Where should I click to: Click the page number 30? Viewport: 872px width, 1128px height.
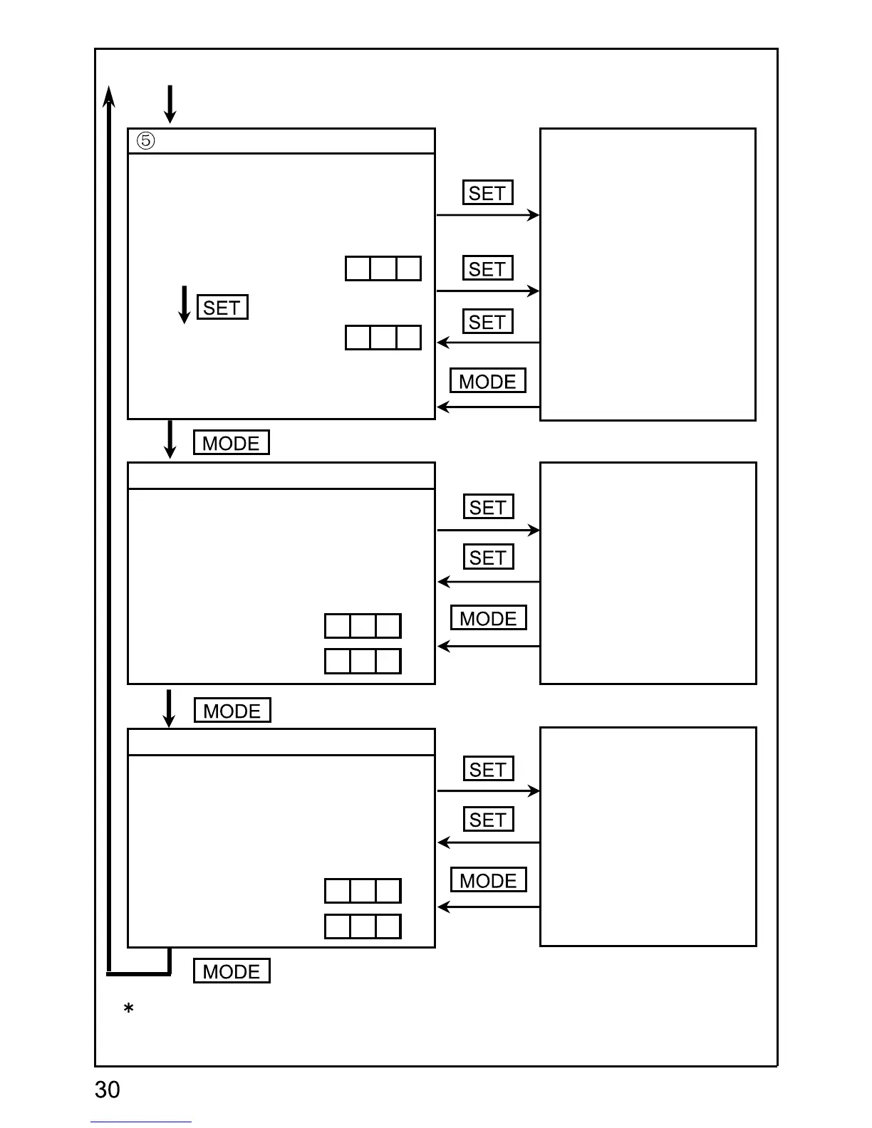[x=108, y=1090]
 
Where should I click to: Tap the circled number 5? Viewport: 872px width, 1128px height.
[x=145, y=141]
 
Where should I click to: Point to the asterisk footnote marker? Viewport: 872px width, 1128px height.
[x=129, y=1008]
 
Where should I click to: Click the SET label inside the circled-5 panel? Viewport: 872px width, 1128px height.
[x=222, y=308]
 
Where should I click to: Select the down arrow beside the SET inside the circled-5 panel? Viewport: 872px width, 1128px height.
[x=185, y=305]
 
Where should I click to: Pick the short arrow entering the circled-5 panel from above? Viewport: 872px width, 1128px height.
[x=170, y=104]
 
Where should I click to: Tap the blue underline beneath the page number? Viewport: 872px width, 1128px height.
[x=141, y=1122]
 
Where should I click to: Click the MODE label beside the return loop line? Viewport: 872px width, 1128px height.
[x=232, y=971]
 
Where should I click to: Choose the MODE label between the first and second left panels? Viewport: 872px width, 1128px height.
[x=232, y=443]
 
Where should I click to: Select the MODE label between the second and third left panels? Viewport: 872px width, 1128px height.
[x=232, y=711]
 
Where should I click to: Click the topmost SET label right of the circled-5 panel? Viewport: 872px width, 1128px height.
[x=487, y=193]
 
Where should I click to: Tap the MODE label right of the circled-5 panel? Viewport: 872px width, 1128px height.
[x=488, y=381]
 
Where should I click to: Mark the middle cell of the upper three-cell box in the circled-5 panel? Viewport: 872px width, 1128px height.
[x=383, y=268]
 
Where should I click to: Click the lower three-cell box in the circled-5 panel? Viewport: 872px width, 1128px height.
[x=383, y=338]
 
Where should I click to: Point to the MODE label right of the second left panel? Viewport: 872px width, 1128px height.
[x=489, y=618]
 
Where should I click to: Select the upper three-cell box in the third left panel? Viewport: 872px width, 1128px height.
[x=363, y=891]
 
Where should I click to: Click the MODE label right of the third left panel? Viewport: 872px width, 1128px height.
[x=489, y=880]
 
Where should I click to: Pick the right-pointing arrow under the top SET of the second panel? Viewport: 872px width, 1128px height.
[x=488, y=531]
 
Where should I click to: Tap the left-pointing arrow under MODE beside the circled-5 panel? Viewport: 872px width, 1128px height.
[x=488, y=407]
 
